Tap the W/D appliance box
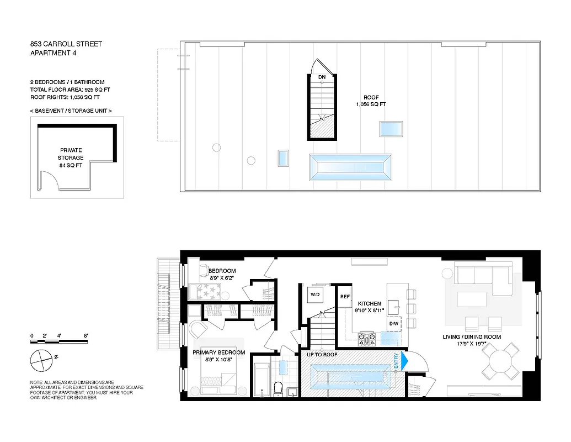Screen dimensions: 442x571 315,295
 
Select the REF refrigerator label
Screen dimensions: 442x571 345,297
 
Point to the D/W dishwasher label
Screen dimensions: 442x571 394,324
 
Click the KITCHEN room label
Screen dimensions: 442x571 369,304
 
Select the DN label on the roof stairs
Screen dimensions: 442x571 322,77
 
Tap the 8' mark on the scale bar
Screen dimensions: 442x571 86,335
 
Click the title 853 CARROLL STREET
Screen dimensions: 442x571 66,44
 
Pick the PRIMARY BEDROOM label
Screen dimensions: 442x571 218,352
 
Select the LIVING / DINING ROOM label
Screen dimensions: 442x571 472,337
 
